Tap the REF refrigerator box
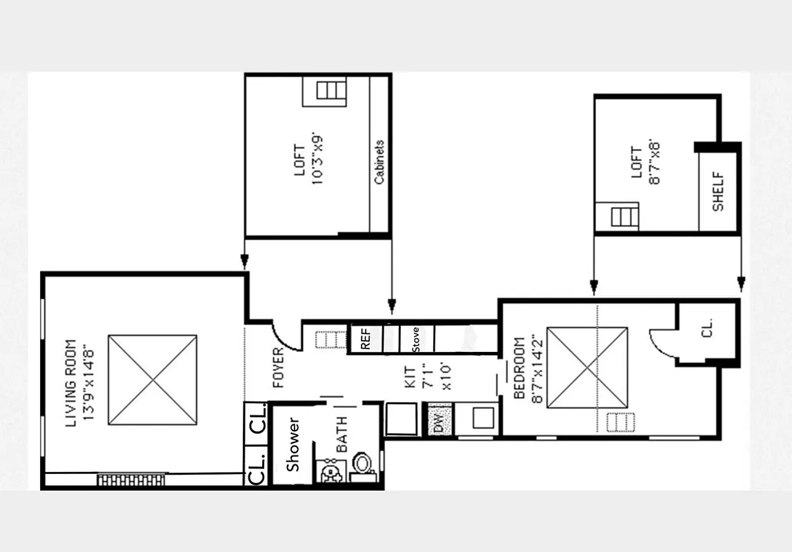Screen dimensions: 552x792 point(366,338)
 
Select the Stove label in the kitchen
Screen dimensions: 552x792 point(416,339)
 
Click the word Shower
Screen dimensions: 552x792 point(294,445)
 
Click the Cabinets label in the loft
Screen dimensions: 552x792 point(379,161)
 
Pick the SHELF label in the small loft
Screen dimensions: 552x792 point(717,192)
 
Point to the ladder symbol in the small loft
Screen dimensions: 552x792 point(624,217)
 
